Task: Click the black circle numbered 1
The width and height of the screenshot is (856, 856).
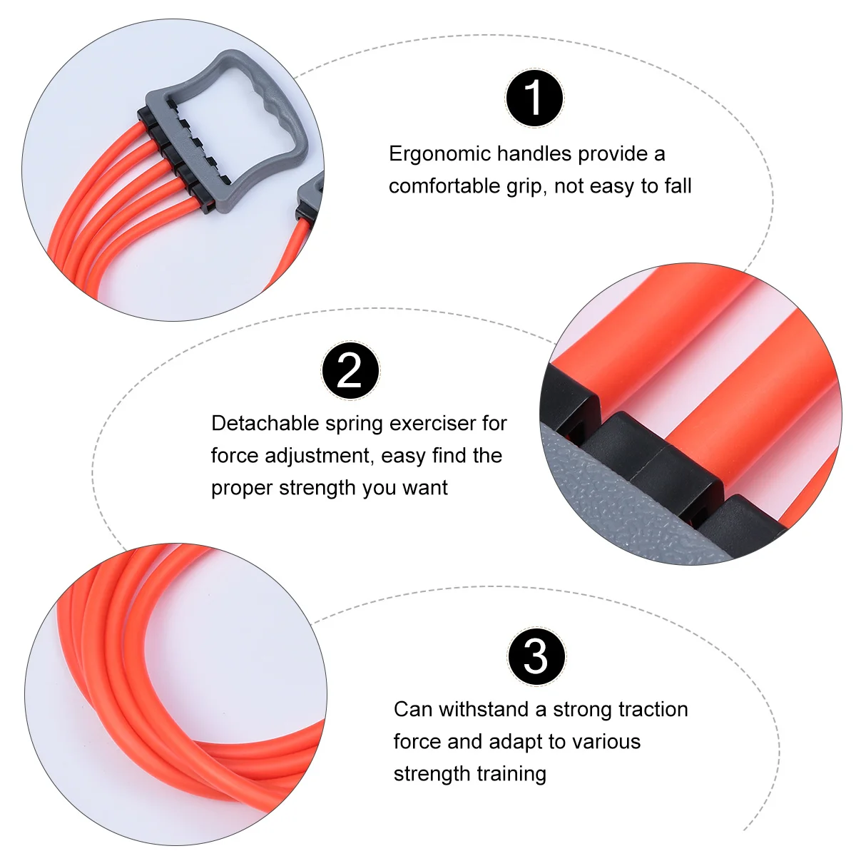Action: (x=534, y=98)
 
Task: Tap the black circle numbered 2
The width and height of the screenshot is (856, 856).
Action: (x=350, y=370)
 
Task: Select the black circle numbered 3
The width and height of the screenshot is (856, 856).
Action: (x=536, y=656)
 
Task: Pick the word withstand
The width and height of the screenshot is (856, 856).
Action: (x=483, y=709)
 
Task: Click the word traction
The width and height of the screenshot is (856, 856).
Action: (x=649, y=709)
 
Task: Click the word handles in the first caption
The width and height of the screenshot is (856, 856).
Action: (x=534, y=154)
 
